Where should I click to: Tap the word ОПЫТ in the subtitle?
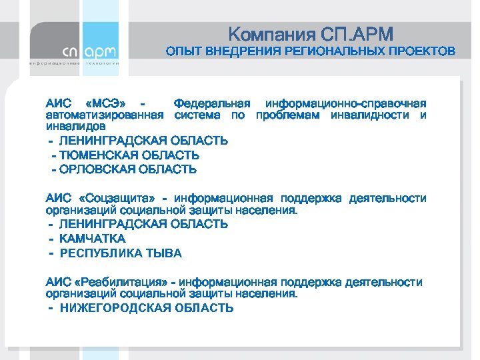[181, 51]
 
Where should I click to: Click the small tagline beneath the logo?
[74, 63]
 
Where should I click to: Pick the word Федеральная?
[211, 103]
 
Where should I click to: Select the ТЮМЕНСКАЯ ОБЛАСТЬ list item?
[130, 155]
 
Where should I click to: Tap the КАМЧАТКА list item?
[93, 239]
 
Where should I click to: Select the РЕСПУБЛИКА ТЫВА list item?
[121, 253]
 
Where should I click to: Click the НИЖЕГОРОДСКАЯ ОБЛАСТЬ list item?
[147, 308]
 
